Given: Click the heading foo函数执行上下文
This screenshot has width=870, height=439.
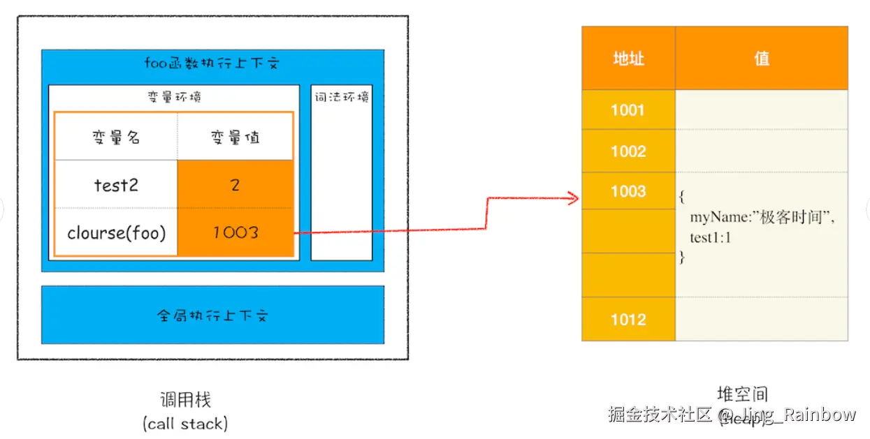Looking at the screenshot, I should (212, 63).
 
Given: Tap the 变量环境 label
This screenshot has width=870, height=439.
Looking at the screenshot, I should (173, 98).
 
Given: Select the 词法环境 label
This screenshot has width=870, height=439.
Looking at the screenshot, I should (341, 98).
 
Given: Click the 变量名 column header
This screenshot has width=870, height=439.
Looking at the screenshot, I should (116, 137).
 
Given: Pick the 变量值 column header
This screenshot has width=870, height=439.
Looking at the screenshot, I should (235, 137).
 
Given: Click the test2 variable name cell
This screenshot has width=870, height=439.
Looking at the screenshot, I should (116, 184).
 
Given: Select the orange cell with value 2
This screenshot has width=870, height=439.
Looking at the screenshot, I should (235, 184).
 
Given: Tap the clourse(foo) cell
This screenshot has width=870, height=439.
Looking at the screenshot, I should (116, 232).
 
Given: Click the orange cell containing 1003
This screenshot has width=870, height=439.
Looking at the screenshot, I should (235, 232).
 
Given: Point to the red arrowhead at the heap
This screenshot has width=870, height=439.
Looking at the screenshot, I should (575, 200).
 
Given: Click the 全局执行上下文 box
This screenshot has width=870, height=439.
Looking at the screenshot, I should (212, 315).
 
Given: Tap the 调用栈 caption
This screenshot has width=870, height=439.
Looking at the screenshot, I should (185, 400).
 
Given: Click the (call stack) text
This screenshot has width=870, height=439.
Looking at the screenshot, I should (185, 423).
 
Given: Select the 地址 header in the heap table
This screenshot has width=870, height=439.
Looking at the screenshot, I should (628, 59).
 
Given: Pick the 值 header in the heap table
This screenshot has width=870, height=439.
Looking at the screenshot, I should (762, 59).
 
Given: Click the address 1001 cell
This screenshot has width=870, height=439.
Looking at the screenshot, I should (628, 110).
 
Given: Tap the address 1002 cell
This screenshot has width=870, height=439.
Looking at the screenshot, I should (628, 151).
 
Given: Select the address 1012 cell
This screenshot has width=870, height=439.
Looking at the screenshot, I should (628, 320).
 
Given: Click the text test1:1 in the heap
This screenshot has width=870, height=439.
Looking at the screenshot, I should (710, 237).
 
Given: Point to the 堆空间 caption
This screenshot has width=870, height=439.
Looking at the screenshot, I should (743, 394).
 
